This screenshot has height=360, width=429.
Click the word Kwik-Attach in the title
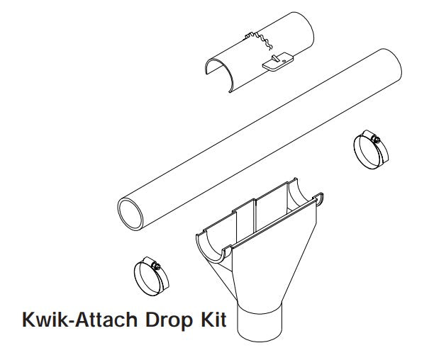(80, 319)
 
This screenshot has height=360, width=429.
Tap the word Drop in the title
(169, 320)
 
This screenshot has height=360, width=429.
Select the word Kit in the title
(213, 319)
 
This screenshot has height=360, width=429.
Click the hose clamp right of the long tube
(371, 150)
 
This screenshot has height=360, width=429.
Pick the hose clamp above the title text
(151, 276)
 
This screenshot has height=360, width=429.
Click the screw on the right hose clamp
(377, 140)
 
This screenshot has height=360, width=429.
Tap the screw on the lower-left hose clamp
(157, 266)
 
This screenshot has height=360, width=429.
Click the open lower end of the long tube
(130, 215)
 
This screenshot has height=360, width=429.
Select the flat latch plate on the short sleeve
(278, 62)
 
